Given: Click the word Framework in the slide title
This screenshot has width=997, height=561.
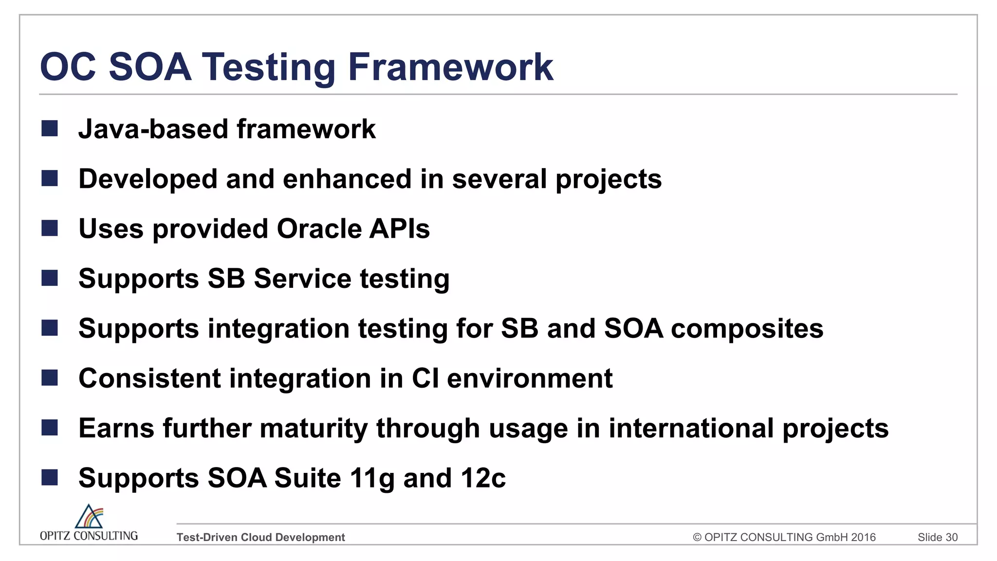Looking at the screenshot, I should (x=450, y=67).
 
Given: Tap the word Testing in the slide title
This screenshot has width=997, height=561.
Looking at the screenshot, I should (x=268, y=67).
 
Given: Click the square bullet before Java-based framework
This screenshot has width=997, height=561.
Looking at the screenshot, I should (x=50, y=129).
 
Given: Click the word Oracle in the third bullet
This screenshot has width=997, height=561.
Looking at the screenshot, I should (x=318, y=229).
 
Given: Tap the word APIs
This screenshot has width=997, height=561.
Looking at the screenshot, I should (x=399, y=229).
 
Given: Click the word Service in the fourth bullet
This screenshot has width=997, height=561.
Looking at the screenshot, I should (x=302, y=279).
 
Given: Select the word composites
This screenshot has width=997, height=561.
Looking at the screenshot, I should (x=747, y=329).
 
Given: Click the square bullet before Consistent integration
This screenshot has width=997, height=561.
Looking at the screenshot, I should (x=50, y=378).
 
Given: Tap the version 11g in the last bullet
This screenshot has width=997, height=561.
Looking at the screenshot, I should (x=372, y=478).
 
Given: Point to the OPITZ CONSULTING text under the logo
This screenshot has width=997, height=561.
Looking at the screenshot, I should (x=89, y=536).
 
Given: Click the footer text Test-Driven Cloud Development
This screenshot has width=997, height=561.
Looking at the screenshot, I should (x=260, y=537).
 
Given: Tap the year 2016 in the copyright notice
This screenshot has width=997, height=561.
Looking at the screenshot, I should (x=863, y=537).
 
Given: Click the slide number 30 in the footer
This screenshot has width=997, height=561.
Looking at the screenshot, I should (x=951, y=537).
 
